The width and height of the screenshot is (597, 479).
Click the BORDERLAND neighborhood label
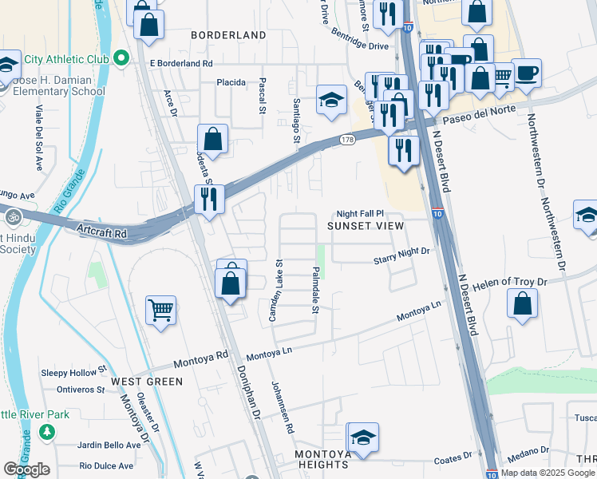click(x=227, y=35)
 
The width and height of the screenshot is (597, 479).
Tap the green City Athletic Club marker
click(x=121, y=58)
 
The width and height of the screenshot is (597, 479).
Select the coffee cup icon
click(x=527, y=74)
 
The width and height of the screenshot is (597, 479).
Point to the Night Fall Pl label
click(x=360, y=214)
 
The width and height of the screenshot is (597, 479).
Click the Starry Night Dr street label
click(x=401, y=251)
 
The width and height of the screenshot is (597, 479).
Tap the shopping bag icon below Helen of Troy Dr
click(x=521, y=304)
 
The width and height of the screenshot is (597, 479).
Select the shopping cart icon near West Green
click(x=161, y=310)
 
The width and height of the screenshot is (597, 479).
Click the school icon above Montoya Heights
click(x=362, y=437)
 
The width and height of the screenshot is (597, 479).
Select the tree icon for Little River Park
click(x=47, y=432)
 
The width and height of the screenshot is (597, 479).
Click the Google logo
click(x=26, y=469)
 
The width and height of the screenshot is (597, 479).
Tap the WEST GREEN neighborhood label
click(x=147, y=382)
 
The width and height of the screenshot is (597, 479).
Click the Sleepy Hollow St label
click(x=73, y=372)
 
